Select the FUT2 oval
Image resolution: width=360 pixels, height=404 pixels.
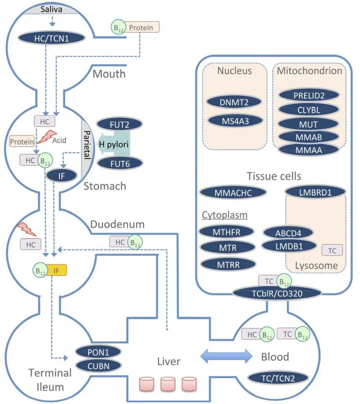pyautogui.click(x=120, y=125)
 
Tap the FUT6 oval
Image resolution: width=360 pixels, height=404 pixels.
pyautogui.click(x=120, y=163)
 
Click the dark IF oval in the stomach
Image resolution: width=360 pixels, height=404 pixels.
pyautogui.click(x=62, y=176)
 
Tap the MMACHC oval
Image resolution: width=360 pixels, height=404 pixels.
pyautogui.click(x=233, y=192)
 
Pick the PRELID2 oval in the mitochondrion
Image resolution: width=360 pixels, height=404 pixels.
pyautogui.click(x=309, y=95)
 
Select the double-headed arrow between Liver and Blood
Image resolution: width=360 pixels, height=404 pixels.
pyautogui.click(x=226, y=356)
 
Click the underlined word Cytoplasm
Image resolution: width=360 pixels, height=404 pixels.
pyautogui.click(x=224, y=215)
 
